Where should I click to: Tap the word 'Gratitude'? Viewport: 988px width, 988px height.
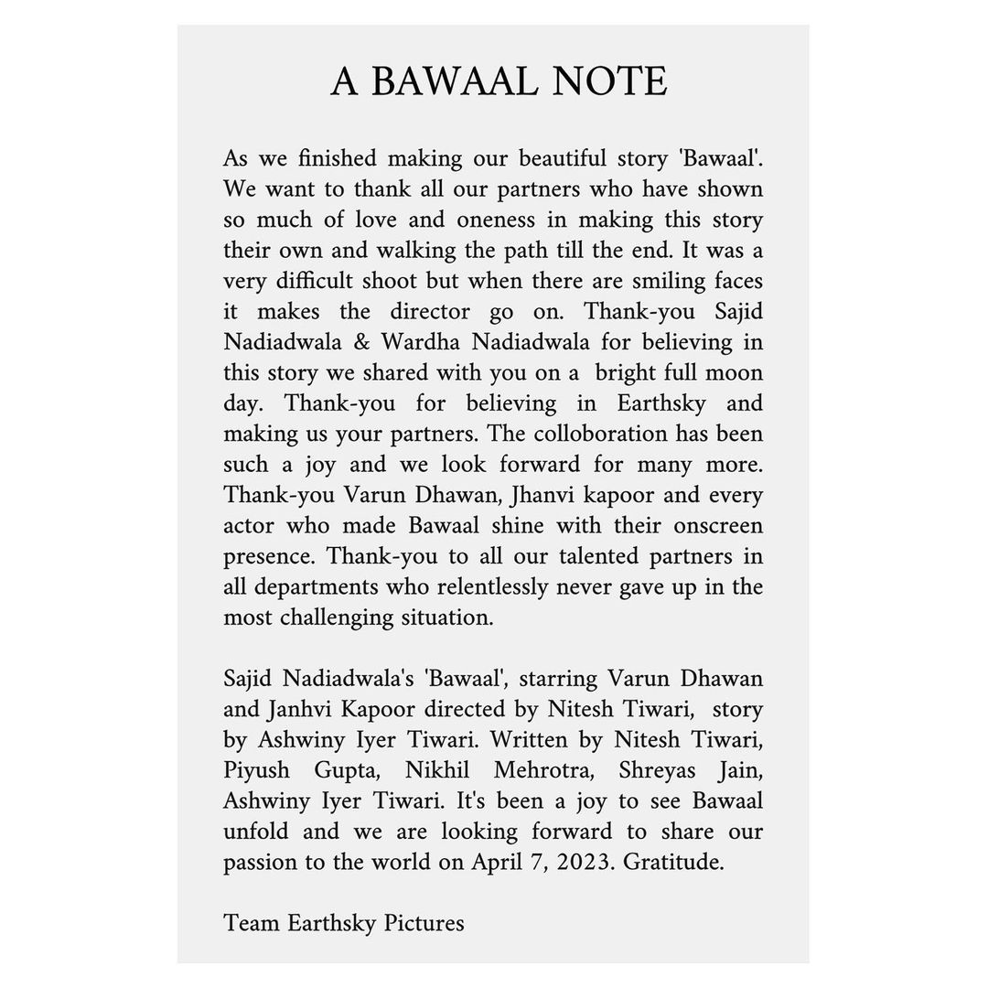tap(673, 863)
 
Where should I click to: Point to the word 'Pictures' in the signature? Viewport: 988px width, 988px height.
tap(424, 923)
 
